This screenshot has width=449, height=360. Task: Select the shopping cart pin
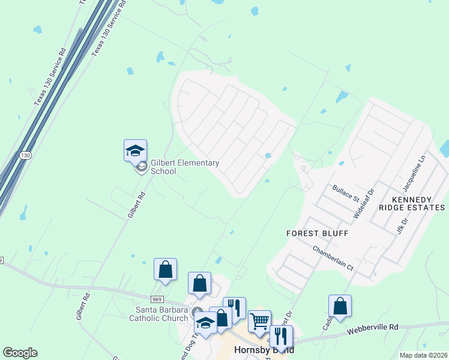click(259, 321)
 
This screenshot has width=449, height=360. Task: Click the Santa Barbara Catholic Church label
click(158, 314)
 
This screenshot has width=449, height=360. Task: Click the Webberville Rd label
click(373, 329)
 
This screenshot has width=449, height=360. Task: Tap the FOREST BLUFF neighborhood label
click(317, 233)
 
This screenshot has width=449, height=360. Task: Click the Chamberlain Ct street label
click(331, 257)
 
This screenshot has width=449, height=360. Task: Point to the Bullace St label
click(345, 193)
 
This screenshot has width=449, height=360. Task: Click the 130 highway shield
click(25, 155)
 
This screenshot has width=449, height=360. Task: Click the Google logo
click(20, 353)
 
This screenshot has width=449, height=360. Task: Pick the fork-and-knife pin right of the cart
click(281, 337)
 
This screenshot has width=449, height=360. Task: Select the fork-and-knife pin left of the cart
click(235, 308)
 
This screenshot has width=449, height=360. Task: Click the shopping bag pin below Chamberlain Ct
click(340, 306)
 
